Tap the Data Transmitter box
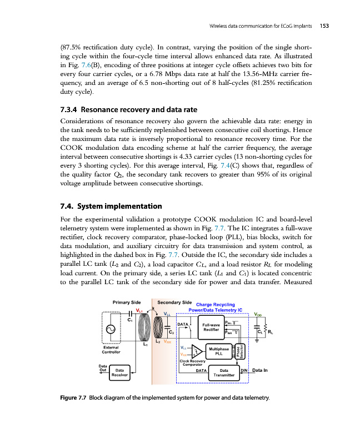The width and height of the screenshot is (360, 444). point(224,373)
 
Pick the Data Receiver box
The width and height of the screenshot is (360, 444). point(119,373)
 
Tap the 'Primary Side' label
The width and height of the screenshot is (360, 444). point(126,302)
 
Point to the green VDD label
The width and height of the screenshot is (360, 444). point(259,314)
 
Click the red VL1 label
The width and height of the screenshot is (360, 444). point(140,310)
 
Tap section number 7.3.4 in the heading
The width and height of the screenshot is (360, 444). point(70,109)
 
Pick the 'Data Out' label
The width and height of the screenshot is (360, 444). point(103,369)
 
